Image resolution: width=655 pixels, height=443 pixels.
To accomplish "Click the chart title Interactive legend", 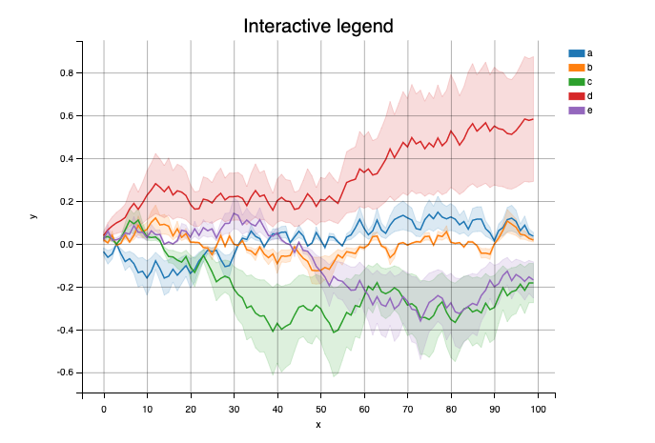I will pyautogui.click(x=317, y=26).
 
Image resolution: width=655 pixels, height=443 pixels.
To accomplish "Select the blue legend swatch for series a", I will pyautogui.click(x=576, y=53).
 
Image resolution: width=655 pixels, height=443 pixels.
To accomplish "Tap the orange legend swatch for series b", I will pyautogui.click(x=576, y=68).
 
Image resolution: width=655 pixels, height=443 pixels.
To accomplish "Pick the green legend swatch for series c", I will pyautogui.click(x=576, y=82).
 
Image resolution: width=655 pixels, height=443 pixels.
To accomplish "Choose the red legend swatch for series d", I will pyautogui.click(x=576, y=96).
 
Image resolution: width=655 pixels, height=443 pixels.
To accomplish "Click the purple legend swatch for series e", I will pyautogui.click(x=576, y=111).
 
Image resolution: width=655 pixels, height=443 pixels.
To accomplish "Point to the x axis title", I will pyautogui.click(x=317, y=424).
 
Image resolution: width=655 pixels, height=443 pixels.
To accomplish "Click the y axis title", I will pyautogui.click(x=33, y=216).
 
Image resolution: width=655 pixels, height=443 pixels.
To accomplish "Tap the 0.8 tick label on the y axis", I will pyautogui.click(x=67, y=73).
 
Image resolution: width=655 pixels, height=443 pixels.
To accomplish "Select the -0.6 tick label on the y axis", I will pyautogui.click(x=65, y=373).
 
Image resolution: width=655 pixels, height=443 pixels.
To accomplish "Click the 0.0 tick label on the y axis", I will pyautogui.click(x=67, y=245).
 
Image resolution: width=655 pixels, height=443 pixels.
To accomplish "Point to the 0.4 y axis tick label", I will pyautogui.click(x=67, y=159).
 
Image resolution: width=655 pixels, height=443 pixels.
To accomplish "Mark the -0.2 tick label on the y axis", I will pyautogui.click(x=65, y=288).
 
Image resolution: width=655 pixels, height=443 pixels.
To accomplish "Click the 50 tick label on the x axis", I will pyautogui.click(x=320, y=408).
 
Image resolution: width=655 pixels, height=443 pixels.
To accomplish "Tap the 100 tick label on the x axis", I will pyautogui.click(x=538, y=408).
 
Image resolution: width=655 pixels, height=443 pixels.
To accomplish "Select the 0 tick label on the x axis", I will pyautogui.click(x=104, y=408).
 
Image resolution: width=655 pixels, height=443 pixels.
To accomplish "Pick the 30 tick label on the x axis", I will pyautogui.click(x=234, y=408).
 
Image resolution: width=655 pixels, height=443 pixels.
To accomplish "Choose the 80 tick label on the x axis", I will pyautogui.click(x=451, y=408).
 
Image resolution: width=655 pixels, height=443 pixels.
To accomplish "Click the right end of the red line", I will pyautogui.click(x=533, y=118).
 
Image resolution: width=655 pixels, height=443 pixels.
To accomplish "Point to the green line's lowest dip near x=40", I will pyautogui.click(x=276, y=331).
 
